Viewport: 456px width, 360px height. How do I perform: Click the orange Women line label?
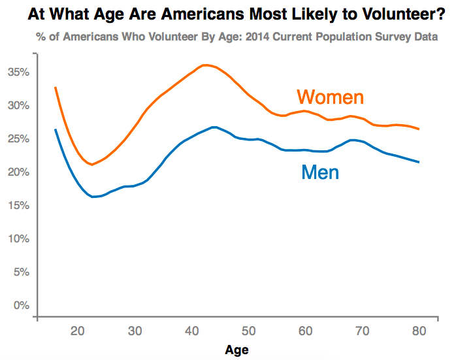(x=330, y=97)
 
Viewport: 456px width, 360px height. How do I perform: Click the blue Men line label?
(x=320, y=172)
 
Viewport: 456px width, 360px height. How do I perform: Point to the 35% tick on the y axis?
(x=18, y=72)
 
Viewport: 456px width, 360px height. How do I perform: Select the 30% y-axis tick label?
(x=18, y=105)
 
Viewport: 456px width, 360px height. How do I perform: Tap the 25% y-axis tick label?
(x=18, y=139)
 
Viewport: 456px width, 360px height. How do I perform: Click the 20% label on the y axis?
(x=18, y=172)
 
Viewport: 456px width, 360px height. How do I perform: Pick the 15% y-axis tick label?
(x=18, y=205)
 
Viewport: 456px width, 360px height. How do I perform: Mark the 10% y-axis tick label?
(x=18, y=238)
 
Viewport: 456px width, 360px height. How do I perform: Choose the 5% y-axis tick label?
(x=20, y=272)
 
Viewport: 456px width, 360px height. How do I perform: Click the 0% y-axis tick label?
(x=20, y=305)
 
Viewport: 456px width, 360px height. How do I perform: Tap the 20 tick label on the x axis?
(x=77, y=332)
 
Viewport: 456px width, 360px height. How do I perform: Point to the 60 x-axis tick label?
(x=304, y=332)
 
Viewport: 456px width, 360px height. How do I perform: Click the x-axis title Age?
(x=236, y=350)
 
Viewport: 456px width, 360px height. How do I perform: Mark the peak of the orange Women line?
(x=205, y=65)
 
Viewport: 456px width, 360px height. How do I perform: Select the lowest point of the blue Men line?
(x=93, y=197)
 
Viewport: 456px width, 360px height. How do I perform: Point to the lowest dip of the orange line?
(x=92, y=165)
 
